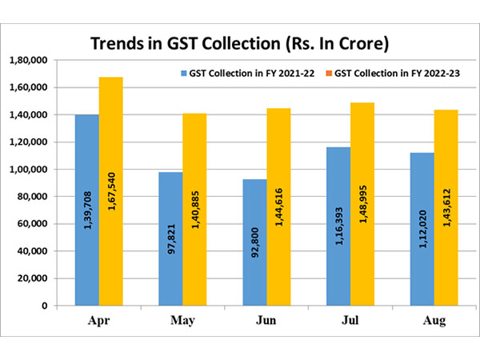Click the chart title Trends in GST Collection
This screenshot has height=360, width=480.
(x=239, y=42)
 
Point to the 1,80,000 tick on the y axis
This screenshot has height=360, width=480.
(x=28, y=60)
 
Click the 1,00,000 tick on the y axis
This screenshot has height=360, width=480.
(x=28, y=170)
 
